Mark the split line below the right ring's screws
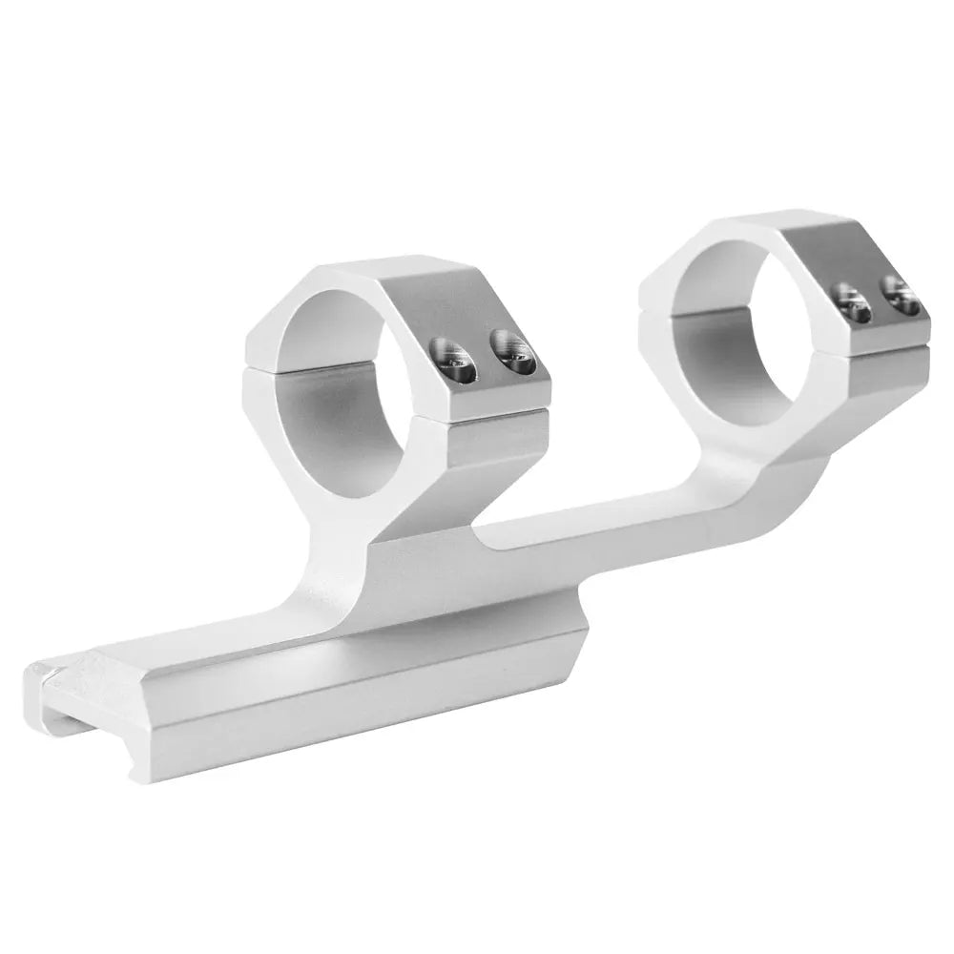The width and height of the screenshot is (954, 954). click(878, 339)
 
